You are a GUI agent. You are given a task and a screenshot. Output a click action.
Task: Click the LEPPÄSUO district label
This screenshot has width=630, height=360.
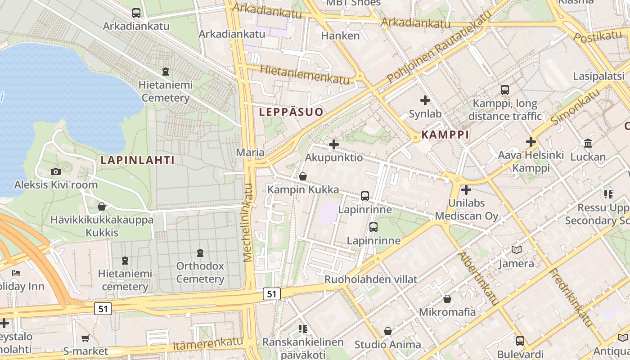[x=291, y=112]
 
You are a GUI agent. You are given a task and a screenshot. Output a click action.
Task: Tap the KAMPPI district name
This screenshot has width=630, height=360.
[x=445, y=135]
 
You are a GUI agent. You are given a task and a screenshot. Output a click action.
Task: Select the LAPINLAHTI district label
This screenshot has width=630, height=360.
[x=137, y=160]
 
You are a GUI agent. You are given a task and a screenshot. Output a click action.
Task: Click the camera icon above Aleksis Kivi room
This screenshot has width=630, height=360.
[x=56, y=171]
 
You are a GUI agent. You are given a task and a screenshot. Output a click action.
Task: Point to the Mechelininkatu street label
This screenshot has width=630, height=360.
[x=248, y=222]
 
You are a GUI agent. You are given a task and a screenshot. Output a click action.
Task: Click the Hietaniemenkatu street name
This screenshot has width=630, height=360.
[x=298, y=74]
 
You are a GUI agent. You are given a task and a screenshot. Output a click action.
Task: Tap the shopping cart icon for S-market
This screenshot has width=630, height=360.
[x=85, y=338]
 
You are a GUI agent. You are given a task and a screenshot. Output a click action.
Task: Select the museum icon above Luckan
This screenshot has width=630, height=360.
[x=588, y=144]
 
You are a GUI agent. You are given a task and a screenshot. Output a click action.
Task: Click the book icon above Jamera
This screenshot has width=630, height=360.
[x=516, y=250]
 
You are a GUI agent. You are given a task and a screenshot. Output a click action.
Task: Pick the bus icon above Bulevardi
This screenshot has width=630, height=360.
[x=520, y=341]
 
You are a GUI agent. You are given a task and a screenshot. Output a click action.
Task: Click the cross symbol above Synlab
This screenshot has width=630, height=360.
[x=425, y=100]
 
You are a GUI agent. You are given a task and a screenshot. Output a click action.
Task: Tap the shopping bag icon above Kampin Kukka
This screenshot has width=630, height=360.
[x=303, y=176]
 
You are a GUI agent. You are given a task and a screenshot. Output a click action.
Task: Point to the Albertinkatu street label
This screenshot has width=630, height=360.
[x=478, y=279]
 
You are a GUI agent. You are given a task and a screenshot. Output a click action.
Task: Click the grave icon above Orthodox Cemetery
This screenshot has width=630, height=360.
[x=200, y=253]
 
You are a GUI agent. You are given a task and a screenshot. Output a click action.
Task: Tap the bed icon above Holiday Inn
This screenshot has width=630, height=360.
[x=16, y=273]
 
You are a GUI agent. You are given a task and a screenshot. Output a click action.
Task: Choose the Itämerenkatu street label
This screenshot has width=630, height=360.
[x=208, y=344]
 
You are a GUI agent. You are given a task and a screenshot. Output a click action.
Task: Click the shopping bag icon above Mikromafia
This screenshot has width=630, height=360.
[x=447, y=299]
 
